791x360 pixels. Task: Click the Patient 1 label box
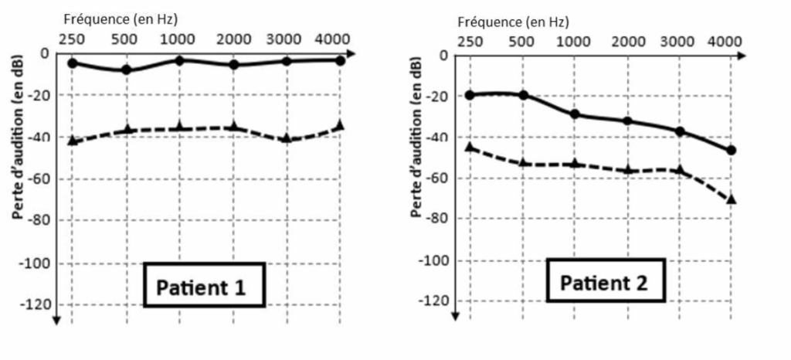202,287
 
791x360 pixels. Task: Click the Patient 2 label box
603,283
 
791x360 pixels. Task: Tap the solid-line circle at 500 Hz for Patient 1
127,70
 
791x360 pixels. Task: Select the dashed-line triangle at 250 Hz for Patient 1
73,140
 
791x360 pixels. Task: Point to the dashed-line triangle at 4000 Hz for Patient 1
340,125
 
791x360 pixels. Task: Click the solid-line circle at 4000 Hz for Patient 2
731,150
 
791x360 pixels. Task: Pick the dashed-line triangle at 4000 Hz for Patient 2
731,199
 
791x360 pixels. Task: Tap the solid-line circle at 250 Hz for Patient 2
469,94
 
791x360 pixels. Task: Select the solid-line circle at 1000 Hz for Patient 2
575,114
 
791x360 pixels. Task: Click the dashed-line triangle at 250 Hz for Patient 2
469,146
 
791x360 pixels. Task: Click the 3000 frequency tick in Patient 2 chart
679,41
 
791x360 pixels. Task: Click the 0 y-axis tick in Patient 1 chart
44,53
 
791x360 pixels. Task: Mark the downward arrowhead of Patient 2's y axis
457,314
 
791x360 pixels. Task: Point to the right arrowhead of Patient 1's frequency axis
351,53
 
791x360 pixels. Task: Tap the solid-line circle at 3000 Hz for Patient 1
287,61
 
